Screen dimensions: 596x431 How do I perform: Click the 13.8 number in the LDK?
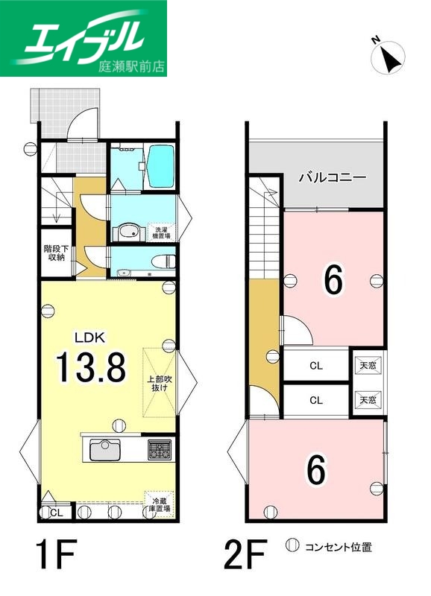[x=89, y=367]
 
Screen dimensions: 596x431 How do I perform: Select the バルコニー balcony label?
[x=332, y=178]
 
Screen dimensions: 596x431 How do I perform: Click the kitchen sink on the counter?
[x=105, y=450]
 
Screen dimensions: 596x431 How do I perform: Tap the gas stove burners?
[x=160, y=450]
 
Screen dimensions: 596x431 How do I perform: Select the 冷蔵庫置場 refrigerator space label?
[x=159, y=504]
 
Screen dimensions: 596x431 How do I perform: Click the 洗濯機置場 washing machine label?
[x=161, y=231]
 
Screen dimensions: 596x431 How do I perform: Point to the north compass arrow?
[x=389, y=57]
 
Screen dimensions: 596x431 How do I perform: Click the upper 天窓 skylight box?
[x=368, y=365]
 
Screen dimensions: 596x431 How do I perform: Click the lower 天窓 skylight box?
[x=368, y=400]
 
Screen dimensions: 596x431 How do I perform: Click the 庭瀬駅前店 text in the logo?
[x=131, y=66]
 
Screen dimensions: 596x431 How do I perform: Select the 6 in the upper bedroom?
[x=333, y=280]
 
